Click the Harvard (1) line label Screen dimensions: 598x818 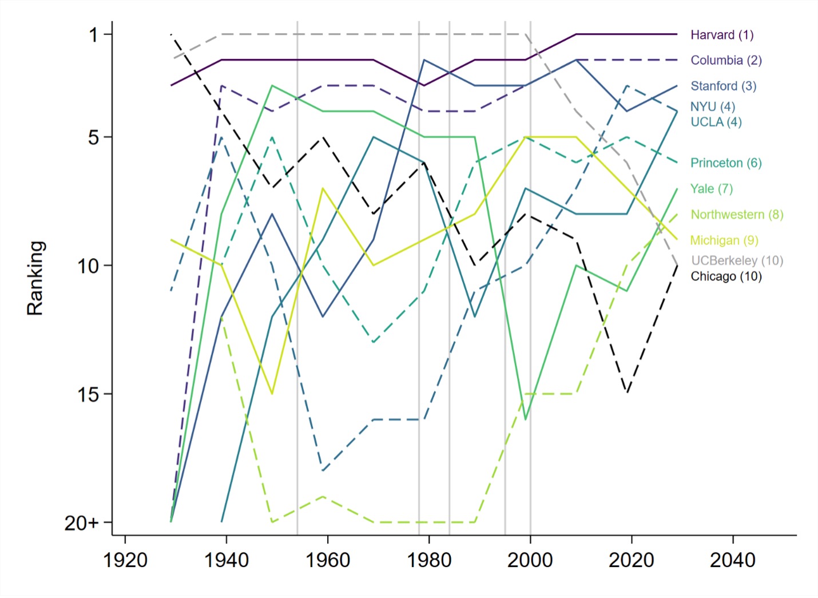point(722,35)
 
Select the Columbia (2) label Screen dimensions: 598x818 point(726,60)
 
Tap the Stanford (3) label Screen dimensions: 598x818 point(723,86)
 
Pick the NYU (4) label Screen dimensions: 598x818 point(712,106)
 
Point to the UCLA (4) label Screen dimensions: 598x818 point(716,122)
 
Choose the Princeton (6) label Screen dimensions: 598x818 point(726,163)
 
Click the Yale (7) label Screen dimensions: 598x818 point(711,188)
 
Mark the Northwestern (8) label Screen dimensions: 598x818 point(737,214)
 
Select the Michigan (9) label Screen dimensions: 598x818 point(724,240)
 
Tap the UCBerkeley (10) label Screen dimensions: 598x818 point(737,260)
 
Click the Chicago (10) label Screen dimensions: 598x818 point(726,276)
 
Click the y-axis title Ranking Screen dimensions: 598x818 point(35,278)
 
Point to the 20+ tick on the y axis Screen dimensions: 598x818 point(81,522)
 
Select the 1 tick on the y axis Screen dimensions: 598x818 point(93,35)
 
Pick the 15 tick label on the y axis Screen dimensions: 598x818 point(88,394)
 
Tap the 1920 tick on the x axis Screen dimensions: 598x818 point(125,560)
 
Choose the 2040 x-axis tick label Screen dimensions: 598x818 point(733,560)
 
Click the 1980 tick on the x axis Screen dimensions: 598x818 point(429,560)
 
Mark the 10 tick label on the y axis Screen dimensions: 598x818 point(88,266)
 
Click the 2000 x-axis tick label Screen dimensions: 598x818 point(530,560)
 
